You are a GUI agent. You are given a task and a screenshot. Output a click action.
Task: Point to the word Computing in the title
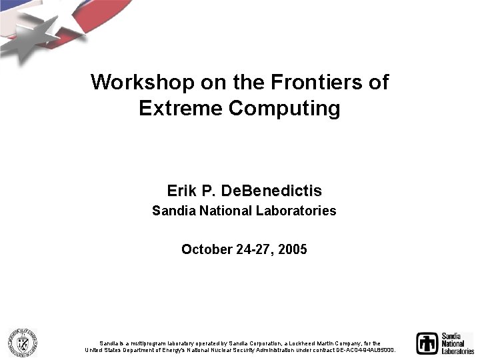(x=284, y=108)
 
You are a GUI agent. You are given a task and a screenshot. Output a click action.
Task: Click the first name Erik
(x=181, y=191)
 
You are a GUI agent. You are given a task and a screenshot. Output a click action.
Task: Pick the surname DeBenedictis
(x=271, y=191)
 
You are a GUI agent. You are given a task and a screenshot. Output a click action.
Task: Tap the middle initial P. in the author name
(x=208, y=191)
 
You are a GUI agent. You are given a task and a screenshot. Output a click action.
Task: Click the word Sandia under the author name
(x=171, y=211)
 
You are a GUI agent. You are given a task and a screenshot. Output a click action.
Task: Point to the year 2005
(x=293, y=250)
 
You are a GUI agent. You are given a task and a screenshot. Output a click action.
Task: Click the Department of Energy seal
(x=22, y=343)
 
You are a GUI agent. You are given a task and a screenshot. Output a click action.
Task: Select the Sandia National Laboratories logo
(x=445, y=343)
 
